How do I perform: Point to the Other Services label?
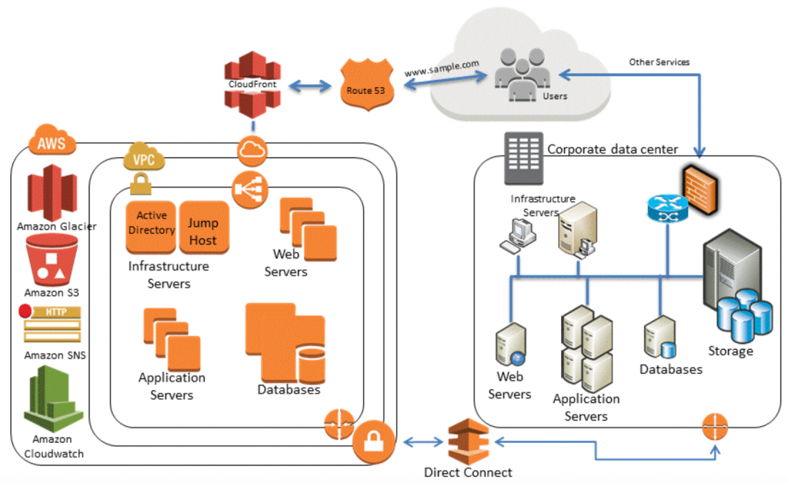click(659, 61)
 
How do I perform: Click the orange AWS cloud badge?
click(52, 142)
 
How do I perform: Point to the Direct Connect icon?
click(467, 441)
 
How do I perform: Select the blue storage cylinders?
click(743, 315)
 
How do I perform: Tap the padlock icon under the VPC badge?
click(141, 183)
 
